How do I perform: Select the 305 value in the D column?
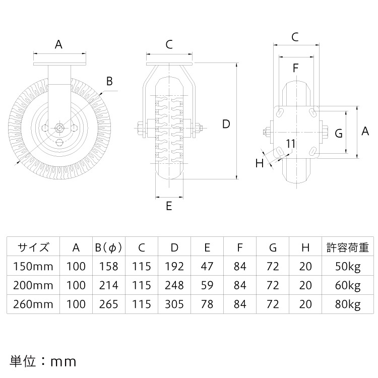(174, 304)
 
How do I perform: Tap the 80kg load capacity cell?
(348, 304)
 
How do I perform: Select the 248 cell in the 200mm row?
(174, 285)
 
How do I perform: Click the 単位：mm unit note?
(43, 361)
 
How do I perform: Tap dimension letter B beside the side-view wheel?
(109, 81)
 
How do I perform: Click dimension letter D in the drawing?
(226, 124)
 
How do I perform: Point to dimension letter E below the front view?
(169, 206)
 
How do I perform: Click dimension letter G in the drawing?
(339, 133)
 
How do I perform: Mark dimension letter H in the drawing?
(260, 163)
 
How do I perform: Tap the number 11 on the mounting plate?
(290, 143)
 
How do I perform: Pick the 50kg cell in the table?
(348, 266)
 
